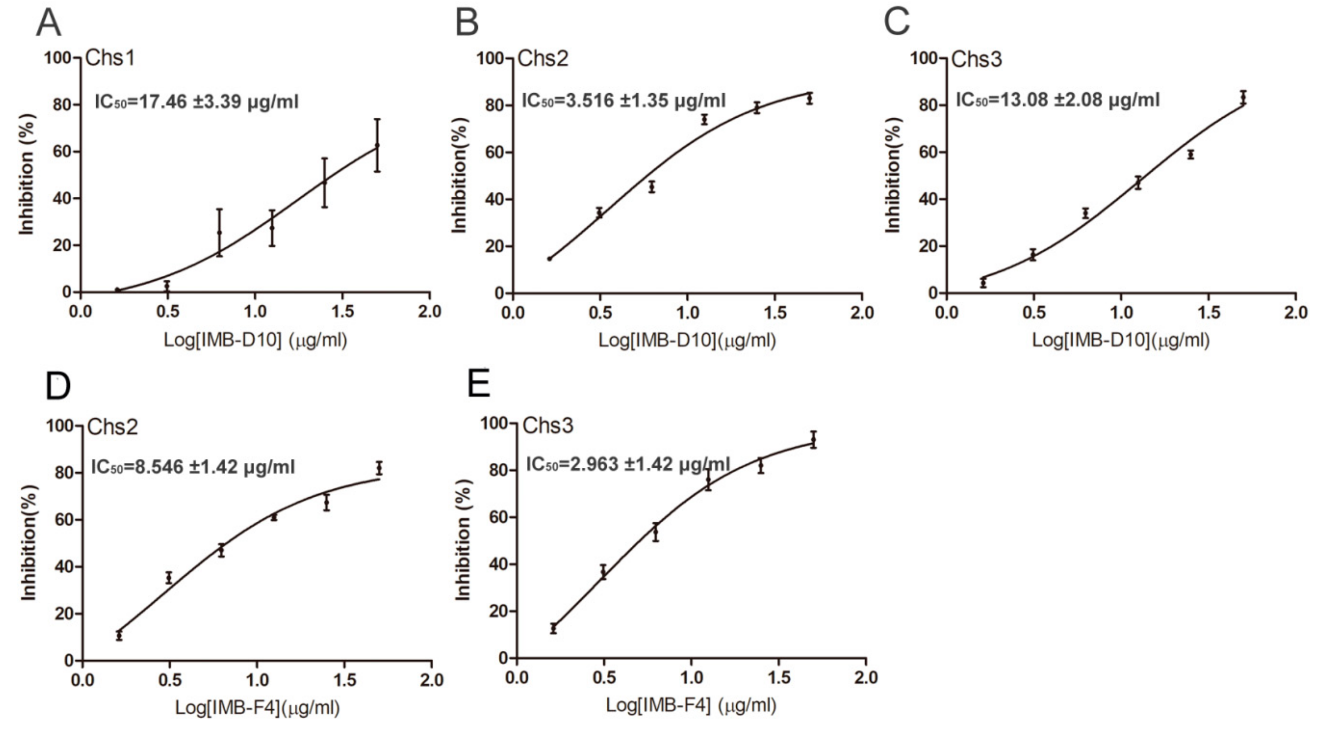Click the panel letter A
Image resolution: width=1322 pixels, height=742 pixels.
(x=48, y=24)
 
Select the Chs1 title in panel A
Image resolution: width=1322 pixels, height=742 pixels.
(x=110, y=58)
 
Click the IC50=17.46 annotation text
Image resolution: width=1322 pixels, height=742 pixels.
(x=197, y=102)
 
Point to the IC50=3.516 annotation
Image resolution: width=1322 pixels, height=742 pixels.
(x=624, y=100)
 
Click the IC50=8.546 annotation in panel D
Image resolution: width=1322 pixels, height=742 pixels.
(x=193, y=467)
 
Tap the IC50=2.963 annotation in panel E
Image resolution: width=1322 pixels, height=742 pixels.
(x=627, y=464)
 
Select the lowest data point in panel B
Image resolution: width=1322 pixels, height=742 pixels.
(x=549, y=259)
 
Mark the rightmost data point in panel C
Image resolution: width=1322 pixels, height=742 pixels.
(x=1243, y=97)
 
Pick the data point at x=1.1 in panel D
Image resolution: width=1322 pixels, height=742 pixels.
(x=274, y=517)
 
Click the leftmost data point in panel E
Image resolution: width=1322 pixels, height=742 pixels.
(x=553, y=628)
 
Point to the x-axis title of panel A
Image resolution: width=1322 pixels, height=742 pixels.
(x=255, y=340)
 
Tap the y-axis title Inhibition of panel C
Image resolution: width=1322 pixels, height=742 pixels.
(x=893, y=175)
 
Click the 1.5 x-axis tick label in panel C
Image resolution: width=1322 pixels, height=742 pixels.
(x=1208, y=313)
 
